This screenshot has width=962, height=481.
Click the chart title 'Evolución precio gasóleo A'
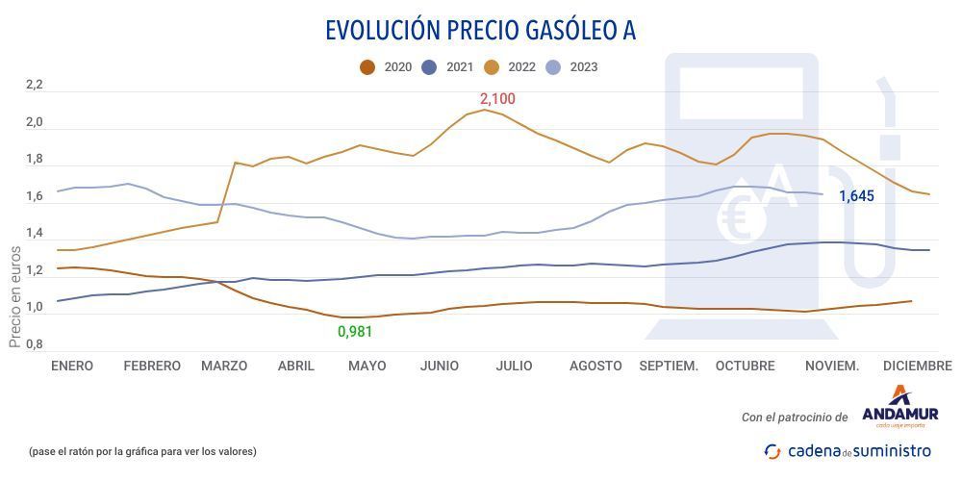pos(480,31)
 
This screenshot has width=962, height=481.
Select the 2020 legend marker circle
pos(367,67)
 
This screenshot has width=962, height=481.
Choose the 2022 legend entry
pos(510,67)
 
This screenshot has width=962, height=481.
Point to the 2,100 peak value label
pos(497,99)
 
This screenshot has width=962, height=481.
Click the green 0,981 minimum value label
pos(354,332)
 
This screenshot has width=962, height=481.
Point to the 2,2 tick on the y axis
pos(35,86)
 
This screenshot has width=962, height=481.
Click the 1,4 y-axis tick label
pos(35,234)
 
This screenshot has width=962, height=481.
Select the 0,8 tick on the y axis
pos(35,344)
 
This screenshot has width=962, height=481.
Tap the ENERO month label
pos(72,367)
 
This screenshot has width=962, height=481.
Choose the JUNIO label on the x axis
pos(439,367)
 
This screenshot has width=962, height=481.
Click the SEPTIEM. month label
pos(669,367)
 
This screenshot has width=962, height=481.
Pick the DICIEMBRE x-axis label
pos(917,367)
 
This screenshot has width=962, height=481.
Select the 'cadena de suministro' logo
pos(848,451)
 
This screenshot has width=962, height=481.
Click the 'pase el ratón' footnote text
pos(142,451)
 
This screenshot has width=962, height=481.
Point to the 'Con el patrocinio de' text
pos(795,418)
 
